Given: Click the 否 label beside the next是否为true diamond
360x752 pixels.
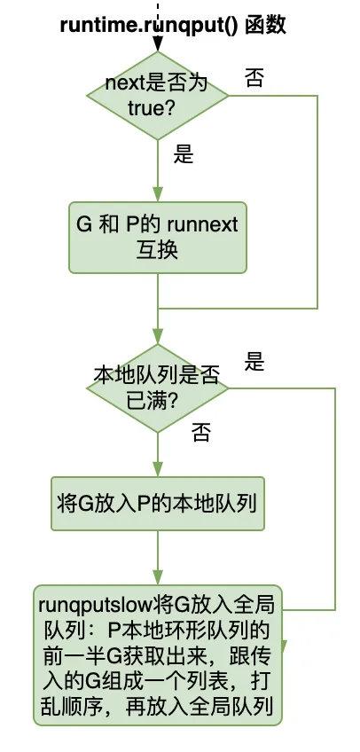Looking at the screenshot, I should click(x=254, y=78).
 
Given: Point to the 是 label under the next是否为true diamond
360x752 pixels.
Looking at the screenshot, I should click(x=183, y=155).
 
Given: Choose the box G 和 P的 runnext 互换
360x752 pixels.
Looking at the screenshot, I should click(x=157, y=237).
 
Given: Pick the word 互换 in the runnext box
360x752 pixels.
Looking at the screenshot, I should click(x=158, y=250).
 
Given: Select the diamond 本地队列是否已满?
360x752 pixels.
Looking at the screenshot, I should click(x=157, y=388).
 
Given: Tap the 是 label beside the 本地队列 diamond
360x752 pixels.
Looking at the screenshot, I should click(x=255, y=362).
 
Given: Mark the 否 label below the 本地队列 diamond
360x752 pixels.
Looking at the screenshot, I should click(x=201, y=433).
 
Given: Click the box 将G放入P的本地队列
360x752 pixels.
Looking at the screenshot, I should click(x=157, y=505).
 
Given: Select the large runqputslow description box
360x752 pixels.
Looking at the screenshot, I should click(x=157, y=657).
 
